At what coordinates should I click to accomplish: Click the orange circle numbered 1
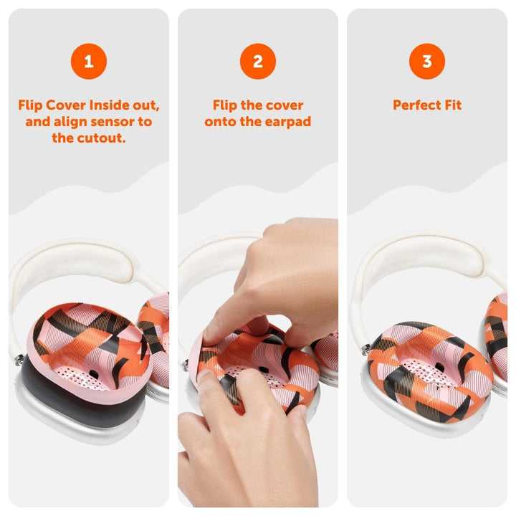click(x=89, y=61)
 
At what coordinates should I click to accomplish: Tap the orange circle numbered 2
click(x=258, y=61)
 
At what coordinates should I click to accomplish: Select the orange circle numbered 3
click(x=427, y=61)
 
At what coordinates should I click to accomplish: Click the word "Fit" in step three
click(x=452, y=105)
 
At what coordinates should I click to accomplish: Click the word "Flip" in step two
click(x=226, y=105)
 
